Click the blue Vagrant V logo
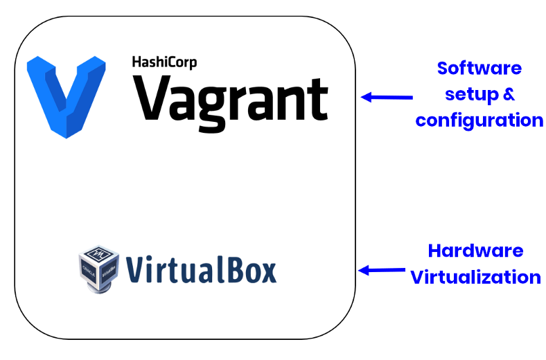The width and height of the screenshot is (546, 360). coord(66,97)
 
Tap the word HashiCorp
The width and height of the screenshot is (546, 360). coord(164,62)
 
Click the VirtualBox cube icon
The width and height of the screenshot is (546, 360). coord(99,269)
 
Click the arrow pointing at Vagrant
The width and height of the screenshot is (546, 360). coord(387,97)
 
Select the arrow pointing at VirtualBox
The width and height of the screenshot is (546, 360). coord(382,270)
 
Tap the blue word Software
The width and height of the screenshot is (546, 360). coord(479,68)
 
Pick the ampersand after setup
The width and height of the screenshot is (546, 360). coord(509,94)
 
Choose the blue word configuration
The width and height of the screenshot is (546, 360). coord(479,120)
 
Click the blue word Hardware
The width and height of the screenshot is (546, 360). coord(475,251)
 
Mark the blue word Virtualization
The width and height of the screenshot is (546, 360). coord(475,277)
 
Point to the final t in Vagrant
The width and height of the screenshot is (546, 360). coord(317,100)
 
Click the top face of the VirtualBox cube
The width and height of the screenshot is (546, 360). coord(98,253)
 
